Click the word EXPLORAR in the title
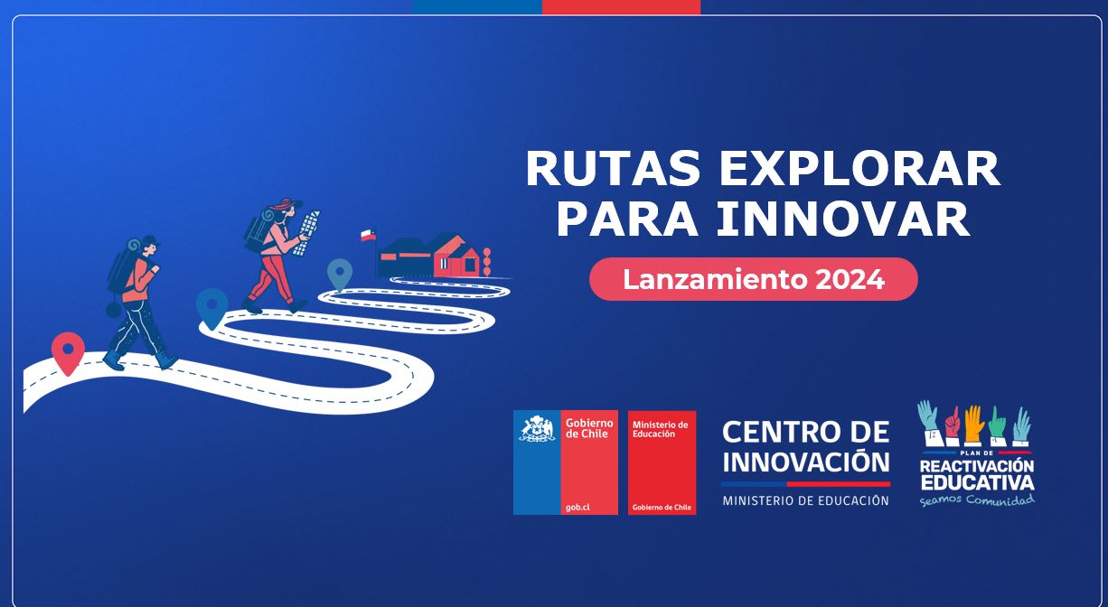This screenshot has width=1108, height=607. point(859,169)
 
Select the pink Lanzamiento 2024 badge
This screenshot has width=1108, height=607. point(754,279)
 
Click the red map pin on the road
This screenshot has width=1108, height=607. point(69,353)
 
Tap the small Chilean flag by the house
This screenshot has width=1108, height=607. point(368,235)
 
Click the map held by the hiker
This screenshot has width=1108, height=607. point(307,232)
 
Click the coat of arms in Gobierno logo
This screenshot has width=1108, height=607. point(537,429)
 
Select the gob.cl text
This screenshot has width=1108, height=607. point(577,507)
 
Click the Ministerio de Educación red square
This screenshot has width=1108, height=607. point(662,462)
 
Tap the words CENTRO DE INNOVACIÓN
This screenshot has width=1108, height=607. point(806,447)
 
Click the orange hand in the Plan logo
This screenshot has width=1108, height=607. point(973,424)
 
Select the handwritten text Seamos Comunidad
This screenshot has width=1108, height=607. point(977,500)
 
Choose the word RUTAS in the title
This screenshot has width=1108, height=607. point(614,169)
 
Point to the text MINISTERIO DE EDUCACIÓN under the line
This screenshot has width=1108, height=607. point(806,500)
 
